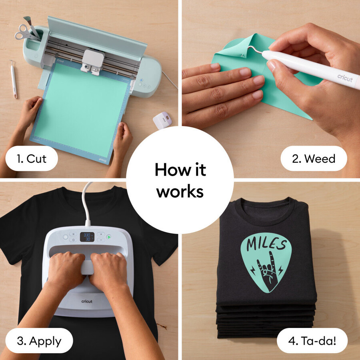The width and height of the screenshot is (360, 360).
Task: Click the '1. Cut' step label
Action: pos(32,158)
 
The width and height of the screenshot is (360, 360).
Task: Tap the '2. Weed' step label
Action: pos(314,158)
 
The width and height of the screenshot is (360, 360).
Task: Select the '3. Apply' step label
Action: pos(39,341)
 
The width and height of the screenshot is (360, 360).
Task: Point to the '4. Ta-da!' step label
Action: pos(312,341)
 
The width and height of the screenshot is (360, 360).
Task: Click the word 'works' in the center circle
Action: pos(180,192)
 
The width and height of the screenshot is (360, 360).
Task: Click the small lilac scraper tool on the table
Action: pos(162,120)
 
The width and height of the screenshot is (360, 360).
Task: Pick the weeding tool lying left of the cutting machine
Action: pos(14,79)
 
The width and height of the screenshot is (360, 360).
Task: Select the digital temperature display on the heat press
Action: pos(87,237)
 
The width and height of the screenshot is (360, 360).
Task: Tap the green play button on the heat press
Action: pos(109,237)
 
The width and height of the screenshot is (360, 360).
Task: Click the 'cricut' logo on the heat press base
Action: pos(87,301)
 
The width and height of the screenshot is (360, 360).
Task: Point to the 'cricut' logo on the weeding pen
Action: pos(345,78)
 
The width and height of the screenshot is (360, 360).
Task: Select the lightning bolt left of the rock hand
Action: pos(253,270)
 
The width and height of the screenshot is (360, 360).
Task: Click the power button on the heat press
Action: pos(66,237)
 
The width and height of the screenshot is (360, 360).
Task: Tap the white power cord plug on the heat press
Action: pos(88,222)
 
